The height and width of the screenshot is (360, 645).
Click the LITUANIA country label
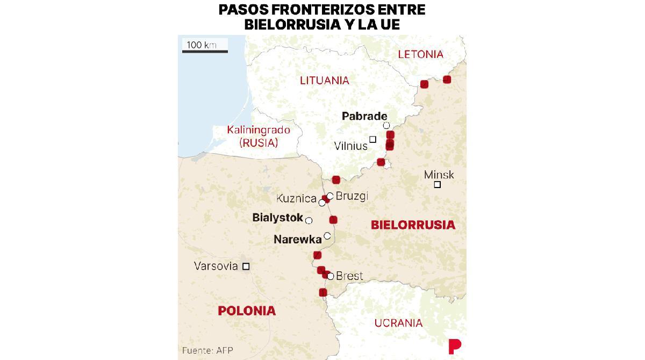point(325,81)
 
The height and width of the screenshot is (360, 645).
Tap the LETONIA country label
point(420,54)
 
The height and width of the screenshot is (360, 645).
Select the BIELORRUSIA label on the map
point(413,225)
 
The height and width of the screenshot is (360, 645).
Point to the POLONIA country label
point(247,311)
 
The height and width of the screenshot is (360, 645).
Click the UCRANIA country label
point(398,323)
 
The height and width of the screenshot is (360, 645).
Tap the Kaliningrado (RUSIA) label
point(259,136)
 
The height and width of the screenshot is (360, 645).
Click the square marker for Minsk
point(438,185)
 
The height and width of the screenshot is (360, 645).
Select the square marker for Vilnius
point(372,140)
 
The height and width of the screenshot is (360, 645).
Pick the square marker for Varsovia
point(246,267)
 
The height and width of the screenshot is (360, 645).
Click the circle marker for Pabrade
point(386,126)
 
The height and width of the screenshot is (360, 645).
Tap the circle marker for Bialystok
point(309,221)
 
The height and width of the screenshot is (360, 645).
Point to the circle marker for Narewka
point(327,236)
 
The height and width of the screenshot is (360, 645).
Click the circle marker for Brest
point(331,277)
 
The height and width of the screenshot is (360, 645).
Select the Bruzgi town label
point(352,196)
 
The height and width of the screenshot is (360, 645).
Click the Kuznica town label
point(296,198)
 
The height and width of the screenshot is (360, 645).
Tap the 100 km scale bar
point(205,51)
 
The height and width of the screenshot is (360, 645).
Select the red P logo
point(454,347)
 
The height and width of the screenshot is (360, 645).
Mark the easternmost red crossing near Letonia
point(447,80)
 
